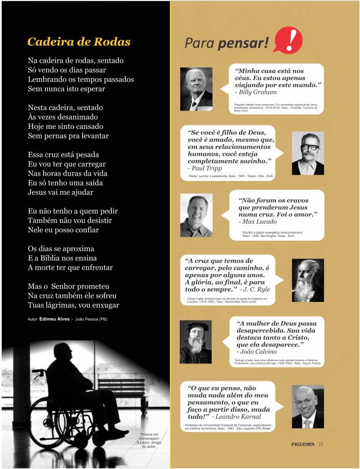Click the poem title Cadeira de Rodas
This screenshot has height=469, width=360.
point(79,42)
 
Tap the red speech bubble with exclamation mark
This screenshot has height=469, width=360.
point(288,40)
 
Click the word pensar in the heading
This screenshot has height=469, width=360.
point(243,43)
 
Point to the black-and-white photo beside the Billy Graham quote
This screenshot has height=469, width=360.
point(196,89)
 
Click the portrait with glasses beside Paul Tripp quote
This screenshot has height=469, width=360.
point(307,153)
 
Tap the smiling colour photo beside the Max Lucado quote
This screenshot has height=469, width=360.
point(196,215)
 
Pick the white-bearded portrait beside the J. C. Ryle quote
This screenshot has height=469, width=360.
point(307,280)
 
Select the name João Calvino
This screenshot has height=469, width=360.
point(260,352)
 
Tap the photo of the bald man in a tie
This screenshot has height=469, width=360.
point(307,407)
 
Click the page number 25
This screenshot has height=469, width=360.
point(321,445)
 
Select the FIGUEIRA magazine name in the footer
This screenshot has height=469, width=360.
point(302,445)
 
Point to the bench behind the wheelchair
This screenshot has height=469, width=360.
point(121,386)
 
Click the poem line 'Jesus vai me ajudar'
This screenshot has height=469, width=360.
point(61,192)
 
